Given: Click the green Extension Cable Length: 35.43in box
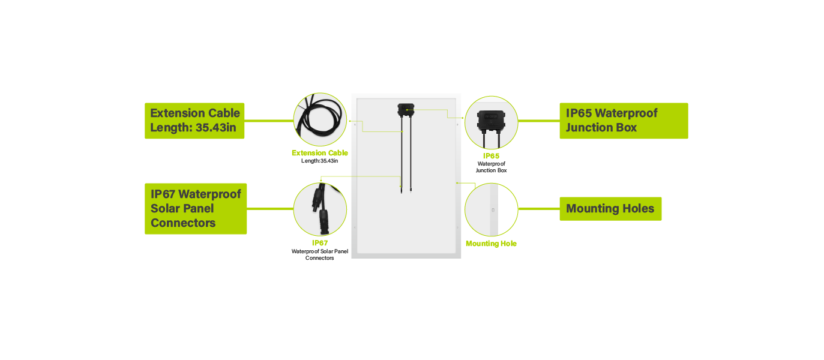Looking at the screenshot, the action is (194, 121).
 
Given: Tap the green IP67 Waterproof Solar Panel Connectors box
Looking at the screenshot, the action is (196, 208).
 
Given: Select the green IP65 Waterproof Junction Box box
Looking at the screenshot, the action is (624, 121).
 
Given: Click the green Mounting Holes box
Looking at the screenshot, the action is (610, 208).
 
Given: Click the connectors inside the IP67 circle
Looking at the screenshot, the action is (320, 209).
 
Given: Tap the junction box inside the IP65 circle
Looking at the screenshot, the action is (491, 123).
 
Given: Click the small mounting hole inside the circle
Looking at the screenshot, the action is (493, 210).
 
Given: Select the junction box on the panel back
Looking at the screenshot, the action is (406, 110).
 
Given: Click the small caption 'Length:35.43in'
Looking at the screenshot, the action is (319, 161).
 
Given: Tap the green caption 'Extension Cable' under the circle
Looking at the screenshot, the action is (320, 152).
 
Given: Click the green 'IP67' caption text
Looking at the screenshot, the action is (320, 242).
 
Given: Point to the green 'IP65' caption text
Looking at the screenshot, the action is (491, 156).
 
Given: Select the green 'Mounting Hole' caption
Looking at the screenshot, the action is (491, 244).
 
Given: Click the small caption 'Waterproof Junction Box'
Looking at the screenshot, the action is (491, 167).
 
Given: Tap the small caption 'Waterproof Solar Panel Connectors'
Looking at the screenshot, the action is (320, 254).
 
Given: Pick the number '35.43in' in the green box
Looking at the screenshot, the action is (215, 127).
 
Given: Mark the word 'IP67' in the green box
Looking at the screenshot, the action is (163, 194).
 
